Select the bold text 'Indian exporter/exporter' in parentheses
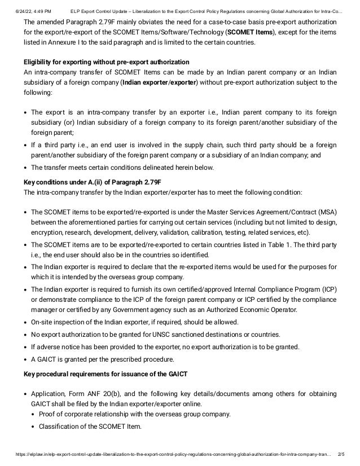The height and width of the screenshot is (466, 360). (x=159, y=82)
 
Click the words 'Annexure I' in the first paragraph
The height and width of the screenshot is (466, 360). (x=73, y=43)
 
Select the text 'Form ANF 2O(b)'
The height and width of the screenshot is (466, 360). (x=92, y=394)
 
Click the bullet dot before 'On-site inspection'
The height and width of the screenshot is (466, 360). (x=26, y=322)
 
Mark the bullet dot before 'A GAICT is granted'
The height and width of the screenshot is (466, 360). (x=26, y=359)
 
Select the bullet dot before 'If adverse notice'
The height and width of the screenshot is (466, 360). (x=26, y=346)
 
